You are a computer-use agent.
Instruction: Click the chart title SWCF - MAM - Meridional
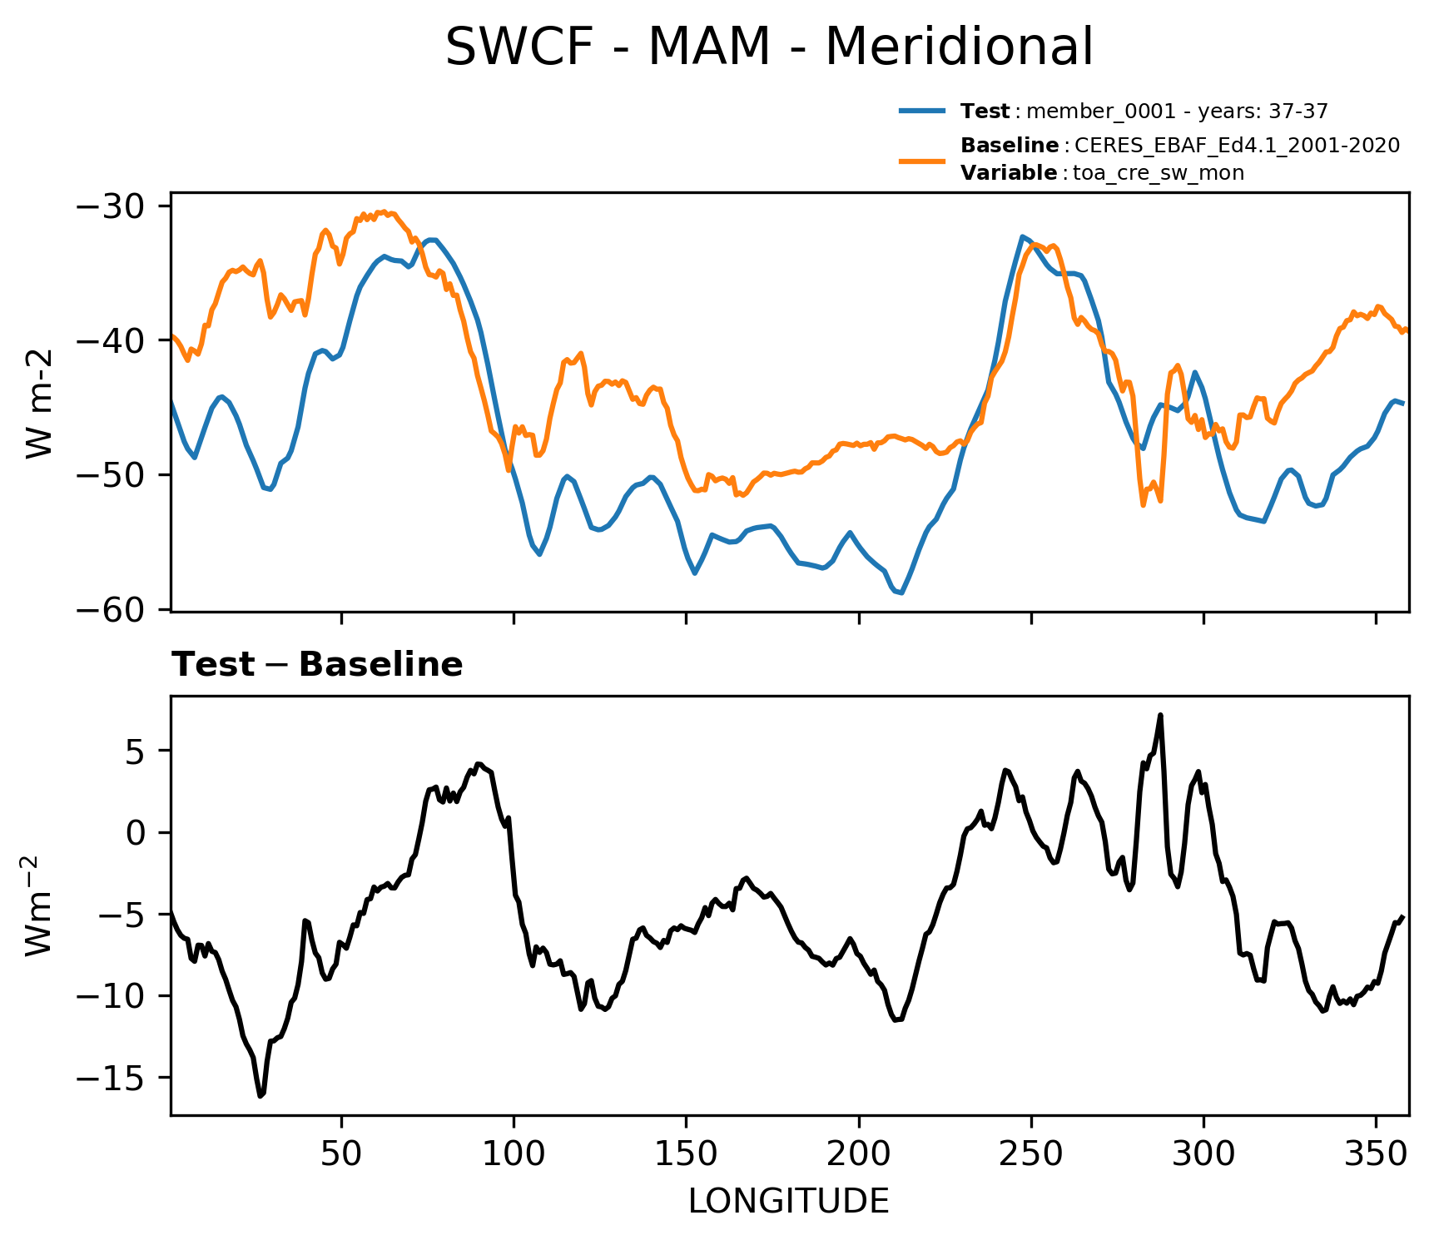[x=769, y=47]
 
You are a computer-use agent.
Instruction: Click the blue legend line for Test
[x=922, y=111]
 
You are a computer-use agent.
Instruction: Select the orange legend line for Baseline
[x=922, y=159]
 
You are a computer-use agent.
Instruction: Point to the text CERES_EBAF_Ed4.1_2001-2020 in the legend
[x=1237, y=146]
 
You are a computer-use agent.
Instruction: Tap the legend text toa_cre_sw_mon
[x=1159, y=173]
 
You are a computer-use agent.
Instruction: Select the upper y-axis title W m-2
[x=40, y=404]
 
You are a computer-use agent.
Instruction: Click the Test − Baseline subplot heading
[x=317, y=665]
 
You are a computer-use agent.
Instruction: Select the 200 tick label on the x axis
[x=858, y=1153]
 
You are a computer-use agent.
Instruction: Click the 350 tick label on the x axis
[x=1376, y=1153]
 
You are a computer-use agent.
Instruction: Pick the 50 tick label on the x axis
[x=341, y=1153]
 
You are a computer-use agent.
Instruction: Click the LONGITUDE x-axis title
[x=788, y=1202]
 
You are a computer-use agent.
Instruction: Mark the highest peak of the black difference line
[x=1160, y=715]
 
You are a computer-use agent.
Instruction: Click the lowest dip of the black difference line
[x=261, y=1096]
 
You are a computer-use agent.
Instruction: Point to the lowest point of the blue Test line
[x=901, y=593]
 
